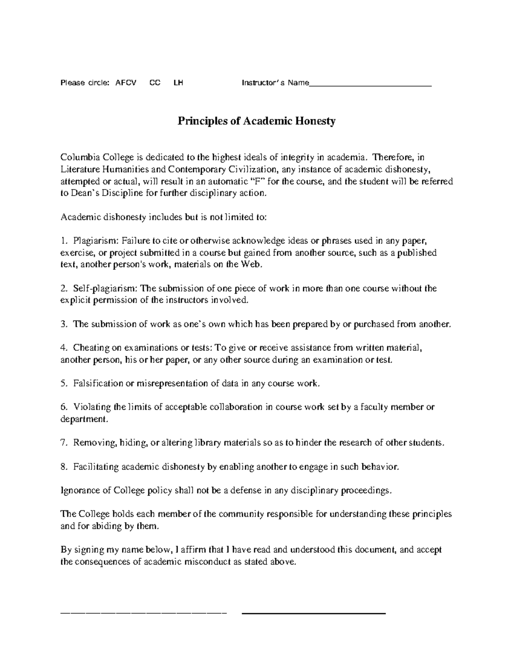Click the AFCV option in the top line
(x=126, y=83)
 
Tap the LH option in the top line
(x=178, y=83)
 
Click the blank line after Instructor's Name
(x=370, y=84)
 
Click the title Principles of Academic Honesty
(x=257, y=121)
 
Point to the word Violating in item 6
(x=91, y=407)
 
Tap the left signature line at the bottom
(x=144, y=614)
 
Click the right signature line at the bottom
(x=314, y=614)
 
